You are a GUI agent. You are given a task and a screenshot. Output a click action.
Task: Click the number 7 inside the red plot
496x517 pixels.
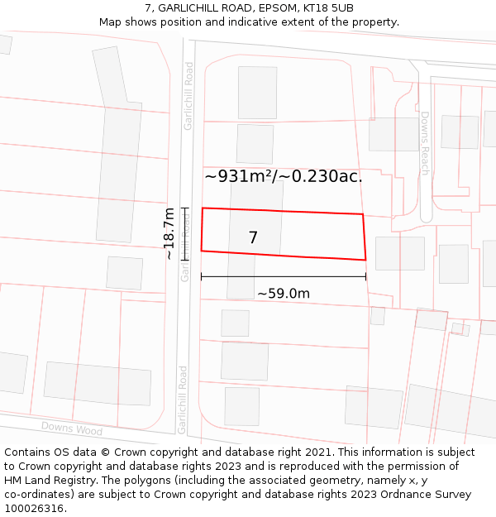(253, 238)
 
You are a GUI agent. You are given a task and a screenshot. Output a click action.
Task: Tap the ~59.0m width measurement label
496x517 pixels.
(283, 294)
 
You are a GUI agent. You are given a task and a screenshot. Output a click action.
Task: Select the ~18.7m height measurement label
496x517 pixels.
(169, 234)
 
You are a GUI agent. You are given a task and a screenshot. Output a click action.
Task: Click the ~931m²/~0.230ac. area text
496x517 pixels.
(284, 176)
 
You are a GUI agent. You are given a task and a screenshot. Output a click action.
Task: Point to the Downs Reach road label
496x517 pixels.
(425, 143)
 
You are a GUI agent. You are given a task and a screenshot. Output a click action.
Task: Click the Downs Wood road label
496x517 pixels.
(72, 428)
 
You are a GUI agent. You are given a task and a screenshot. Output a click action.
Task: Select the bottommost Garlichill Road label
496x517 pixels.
(183, 400)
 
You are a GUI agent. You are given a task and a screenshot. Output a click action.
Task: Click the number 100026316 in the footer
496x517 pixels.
(34, 509)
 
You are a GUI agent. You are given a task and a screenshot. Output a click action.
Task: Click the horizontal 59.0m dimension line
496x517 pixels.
(283, 277)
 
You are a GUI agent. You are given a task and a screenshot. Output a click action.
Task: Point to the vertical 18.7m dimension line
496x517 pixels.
(185, 234)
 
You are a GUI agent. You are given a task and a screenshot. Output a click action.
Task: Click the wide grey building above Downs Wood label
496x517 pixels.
(98, 383)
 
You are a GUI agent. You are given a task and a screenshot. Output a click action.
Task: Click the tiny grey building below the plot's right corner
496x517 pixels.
(378, 315)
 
